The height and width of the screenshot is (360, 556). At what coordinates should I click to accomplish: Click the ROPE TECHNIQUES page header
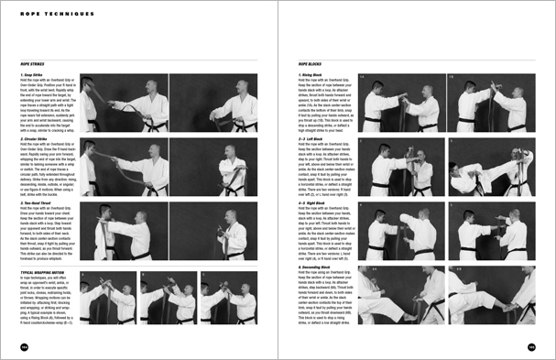pyautogui.click(x=46, y=14)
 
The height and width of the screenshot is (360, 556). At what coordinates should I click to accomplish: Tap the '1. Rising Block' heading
pyautogui.click(x=311, y=74)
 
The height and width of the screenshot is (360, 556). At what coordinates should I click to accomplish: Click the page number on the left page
pyautogui.click(x=23, y=346)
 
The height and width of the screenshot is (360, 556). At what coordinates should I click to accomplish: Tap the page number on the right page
pyautogui.click(x=531, y=346)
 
